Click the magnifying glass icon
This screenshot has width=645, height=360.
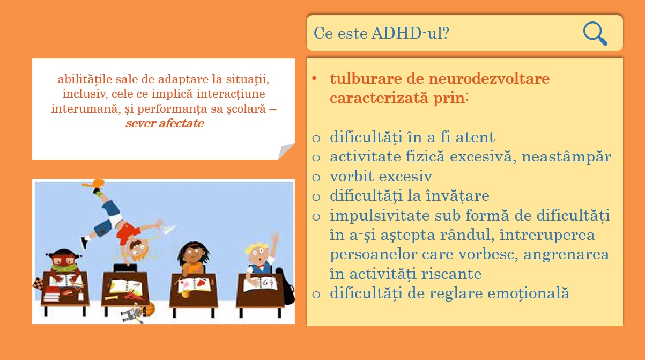[x=595, y=33]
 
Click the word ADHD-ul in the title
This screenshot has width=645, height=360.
[x=410, y=33]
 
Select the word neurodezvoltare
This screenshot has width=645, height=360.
[x=489, y=79]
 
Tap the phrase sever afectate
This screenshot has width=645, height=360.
[x=165, y=123]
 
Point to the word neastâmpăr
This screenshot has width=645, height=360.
[x=566, y=157]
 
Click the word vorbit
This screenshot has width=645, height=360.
[x=352, y=176]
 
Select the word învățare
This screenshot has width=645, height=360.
[x=457, y=196]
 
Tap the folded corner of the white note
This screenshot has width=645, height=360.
[x=286, y=151]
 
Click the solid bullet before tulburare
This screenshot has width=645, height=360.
[x=314, y=79]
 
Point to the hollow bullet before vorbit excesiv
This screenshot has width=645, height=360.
[x=316, y=177]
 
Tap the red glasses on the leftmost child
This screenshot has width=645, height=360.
[x=64, y=261]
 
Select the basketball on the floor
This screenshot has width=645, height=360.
[x=149, y=308]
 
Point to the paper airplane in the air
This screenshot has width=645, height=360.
[x=169, y=229]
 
